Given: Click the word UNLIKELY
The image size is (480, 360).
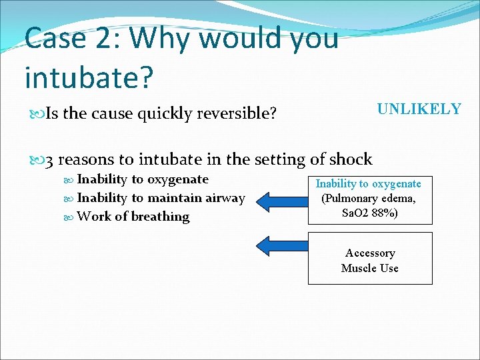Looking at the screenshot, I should point(419,109).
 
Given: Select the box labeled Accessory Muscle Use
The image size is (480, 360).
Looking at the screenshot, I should point(369,258).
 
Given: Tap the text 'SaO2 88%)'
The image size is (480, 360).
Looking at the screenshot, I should point(369,213).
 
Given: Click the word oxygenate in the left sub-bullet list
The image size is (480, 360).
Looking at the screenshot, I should point(177,179).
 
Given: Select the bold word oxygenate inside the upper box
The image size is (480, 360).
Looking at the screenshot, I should point(396,184).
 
